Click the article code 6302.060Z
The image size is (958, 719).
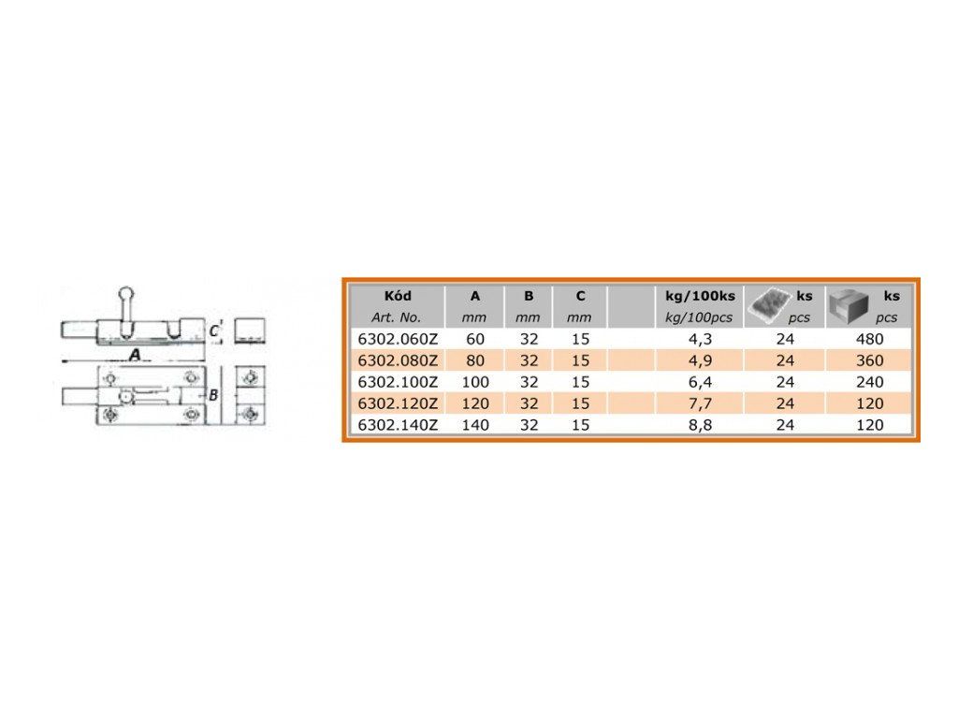(x=398, y=339)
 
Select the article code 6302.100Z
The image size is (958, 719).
(x=398, y=382)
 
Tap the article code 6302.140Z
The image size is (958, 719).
(x=398, y=425)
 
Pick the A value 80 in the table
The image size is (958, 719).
(x=475, y=360)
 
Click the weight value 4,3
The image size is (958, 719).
(x=700, y=339)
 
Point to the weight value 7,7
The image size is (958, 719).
(x=700, y=404)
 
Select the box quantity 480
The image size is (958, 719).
(x=869, y=339)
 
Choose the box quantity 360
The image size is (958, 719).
(x=869, y=360)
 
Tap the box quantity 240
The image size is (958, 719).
(x=869, y=382)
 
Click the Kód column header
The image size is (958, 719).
(x=398, y=296)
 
